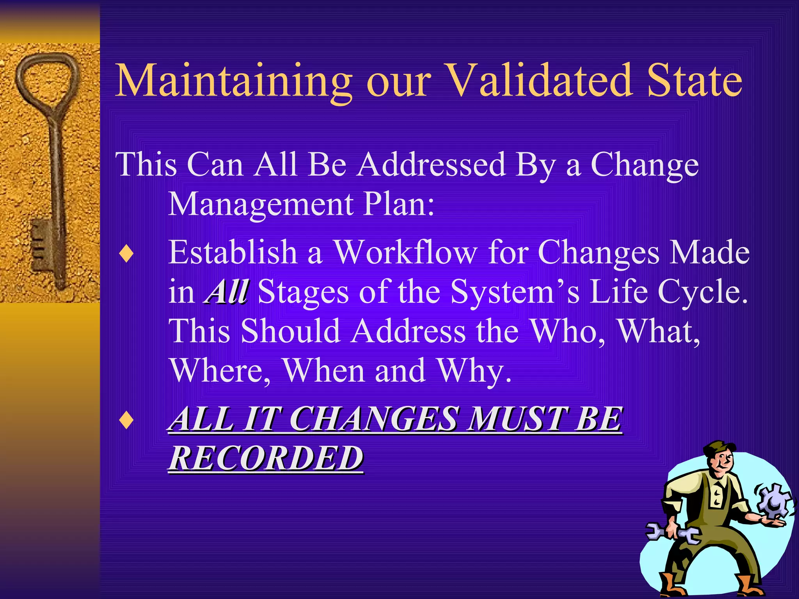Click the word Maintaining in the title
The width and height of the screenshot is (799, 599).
[233, 82]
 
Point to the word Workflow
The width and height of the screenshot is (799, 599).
[406, 253]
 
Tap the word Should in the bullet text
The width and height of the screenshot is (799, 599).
[290, 331]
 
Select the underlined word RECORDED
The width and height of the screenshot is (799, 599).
[266, 459]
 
